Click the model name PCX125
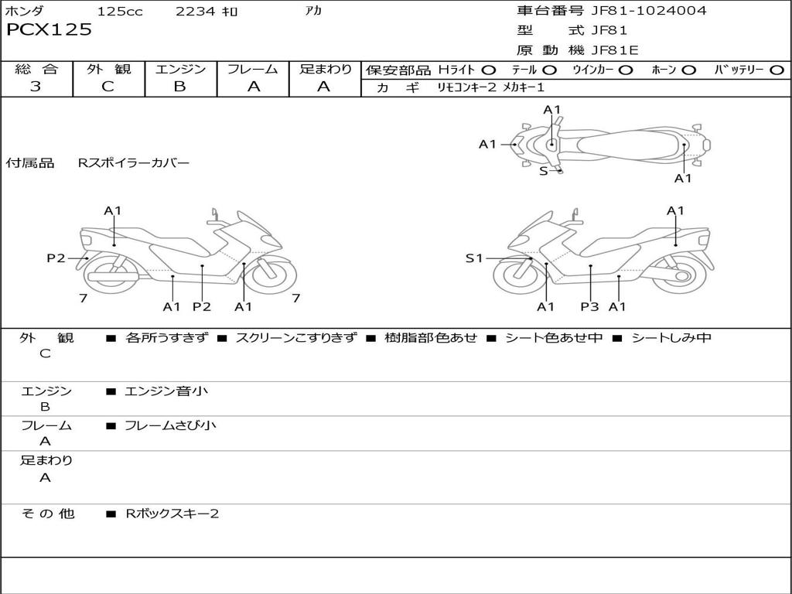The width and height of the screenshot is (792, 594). [49, 30]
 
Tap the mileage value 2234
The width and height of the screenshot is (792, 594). [196, 12]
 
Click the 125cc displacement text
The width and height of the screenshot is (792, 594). [120, 12]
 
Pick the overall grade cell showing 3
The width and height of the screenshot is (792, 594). [36, 87]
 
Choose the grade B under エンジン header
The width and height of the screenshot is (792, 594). [179, 87]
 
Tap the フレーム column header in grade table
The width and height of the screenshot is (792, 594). [252, 70]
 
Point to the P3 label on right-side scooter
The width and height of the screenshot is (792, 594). [589, 307]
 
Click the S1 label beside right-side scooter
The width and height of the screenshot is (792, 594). [473, 258]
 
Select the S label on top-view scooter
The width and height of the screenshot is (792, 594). [543, 171]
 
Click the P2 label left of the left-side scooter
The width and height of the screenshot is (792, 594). [56, 258]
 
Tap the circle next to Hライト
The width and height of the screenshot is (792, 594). [489, 70]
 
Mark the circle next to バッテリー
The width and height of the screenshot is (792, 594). [777, 70]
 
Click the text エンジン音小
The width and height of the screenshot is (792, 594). [166, 391]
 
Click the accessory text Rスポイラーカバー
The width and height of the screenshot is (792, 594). [134, 163]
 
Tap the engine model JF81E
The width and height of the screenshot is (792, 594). [615, 50]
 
